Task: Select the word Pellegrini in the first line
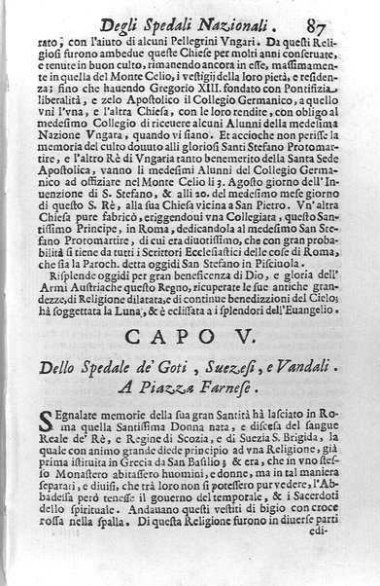[x=185, y=43]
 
